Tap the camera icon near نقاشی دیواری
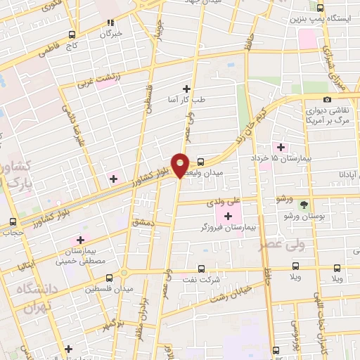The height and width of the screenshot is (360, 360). point(327,99)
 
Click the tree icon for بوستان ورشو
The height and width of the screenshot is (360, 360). point(304,205)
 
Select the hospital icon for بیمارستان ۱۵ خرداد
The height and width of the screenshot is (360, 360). point(281,147)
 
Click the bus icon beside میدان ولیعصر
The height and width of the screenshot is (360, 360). point(201,161)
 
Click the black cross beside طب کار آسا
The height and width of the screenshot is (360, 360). point(186,88)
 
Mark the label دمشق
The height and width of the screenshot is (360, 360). point(143,222)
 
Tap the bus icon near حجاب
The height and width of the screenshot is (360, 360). point(12,231)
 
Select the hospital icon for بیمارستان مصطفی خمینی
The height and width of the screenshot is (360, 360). point(82,240)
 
